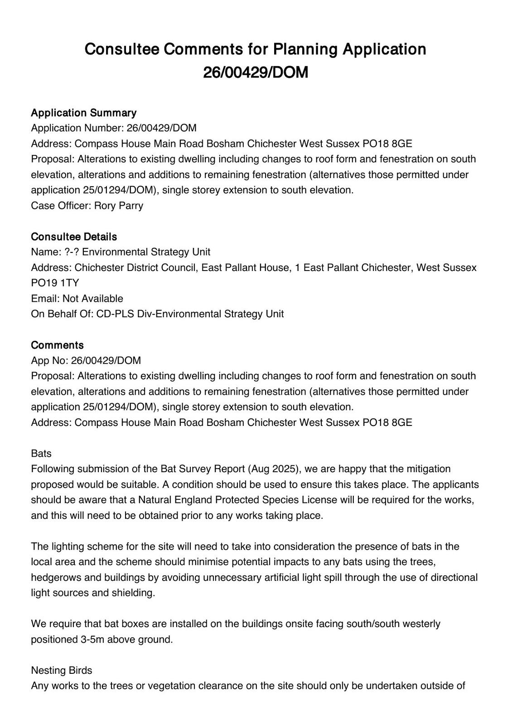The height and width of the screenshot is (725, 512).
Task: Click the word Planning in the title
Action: pos(304,49)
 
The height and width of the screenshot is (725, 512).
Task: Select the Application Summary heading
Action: pos(83,113)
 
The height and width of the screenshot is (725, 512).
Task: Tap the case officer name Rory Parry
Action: pos(119,206)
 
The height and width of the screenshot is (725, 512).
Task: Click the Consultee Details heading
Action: pos(74,237)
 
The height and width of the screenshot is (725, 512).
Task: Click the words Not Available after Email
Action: pos(93,299)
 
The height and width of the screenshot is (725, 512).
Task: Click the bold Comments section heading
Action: pos(57,345)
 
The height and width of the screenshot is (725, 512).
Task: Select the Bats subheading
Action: pos(41,454)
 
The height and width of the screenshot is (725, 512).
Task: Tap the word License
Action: pos(322,500)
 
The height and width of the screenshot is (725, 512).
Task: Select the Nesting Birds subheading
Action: pos(62,671)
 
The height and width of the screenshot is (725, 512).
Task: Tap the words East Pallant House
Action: pos(245,268)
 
